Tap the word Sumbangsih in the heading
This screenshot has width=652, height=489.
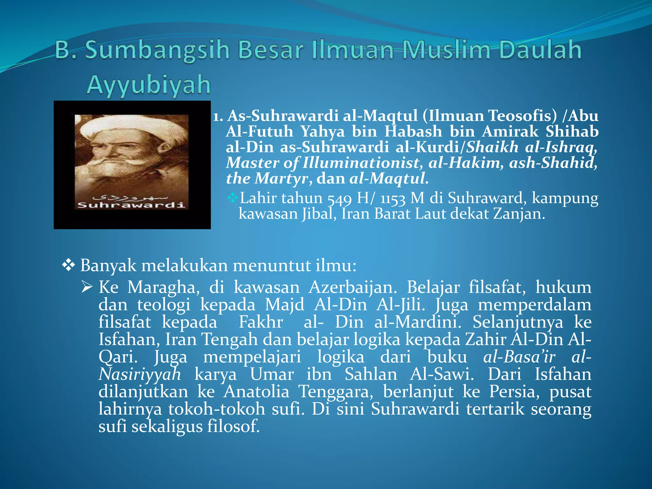click(x=158, y=50)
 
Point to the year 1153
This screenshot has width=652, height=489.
click(x=393, y=199)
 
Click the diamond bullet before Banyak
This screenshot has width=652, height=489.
click(x=68, y=265)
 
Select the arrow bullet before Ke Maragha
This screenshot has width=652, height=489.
click(x=87, y=287)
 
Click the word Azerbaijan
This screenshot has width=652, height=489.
click(x=353, y=287)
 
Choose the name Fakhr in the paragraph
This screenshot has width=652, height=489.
click(x=261, y=322)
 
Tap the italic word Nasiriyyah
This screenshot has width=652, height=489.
click(x=140, y=374)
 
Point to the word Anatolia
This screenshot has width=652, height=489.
click(x=256, y=392)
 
